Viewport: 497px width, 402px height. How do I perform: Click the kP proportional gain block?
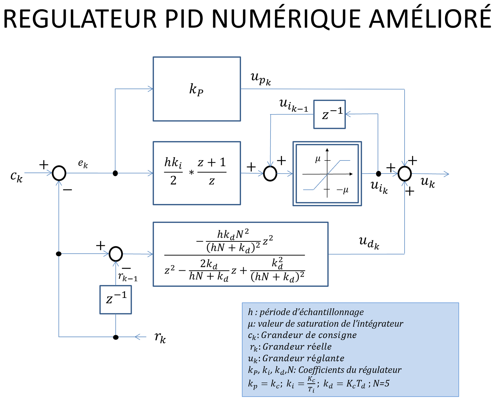pos(197,89)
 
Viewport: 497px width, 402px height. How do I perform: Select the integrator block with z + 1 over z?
pos(197,173)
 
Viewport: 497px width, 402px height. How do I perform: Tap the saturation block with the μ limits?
pos(327,173)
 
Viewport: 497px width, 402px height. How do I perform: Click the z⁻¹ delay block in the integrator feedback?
pos(330,114)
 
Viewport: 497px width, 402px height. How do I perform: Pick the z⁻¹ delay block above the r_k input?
pos(116,299)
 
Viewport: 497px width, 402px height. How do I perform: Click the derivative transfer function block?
pos(240,254)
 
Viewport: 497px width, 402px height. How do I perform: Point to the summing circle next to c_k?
pos(59,173)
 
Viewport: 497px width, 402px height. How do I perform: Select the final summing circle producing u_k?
pos(405,173)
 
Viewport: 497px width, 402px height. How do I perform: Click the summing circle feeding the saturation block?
pos(270,173)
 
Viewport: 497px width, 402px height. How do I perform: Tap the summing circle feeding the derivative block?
pos(116,254)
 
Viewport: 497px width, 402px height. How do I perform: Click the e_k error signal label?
pos(83,164)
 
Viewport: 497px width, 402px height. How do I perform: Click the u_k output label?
pos(428,182)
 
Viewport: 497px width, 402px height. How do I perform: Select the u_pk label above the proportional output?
pos(261,78)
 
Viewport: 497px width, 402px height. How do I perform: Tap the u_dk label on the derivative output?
pos(369,243)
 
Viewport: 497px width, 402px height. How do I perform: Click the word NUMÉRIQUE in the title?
pos(287,19)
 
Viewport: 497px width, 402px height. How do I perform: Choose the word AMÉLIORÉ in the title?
pos(430,19)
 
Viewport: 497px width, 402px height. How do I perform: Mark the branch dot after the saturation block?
pos(378,173)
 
